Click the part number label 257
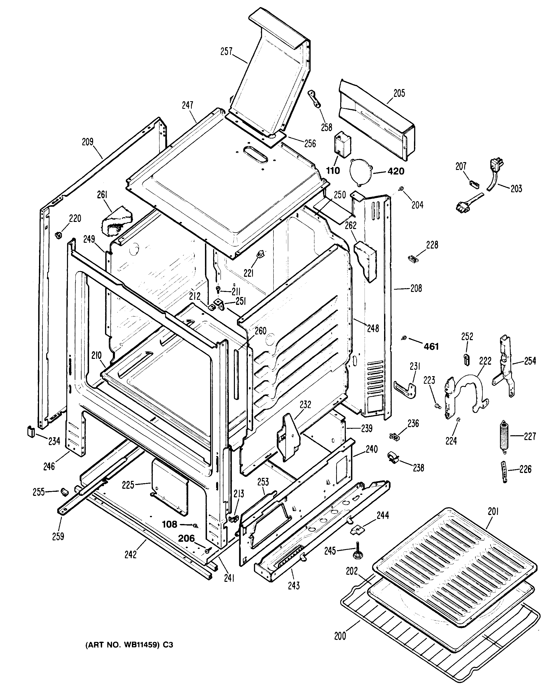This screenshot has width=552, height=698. click(226, 51)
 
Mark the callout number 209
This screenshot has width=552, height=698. click(88, 142)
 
